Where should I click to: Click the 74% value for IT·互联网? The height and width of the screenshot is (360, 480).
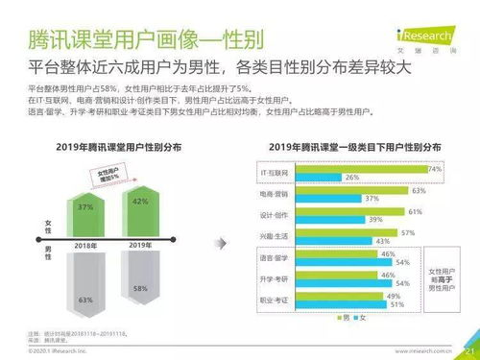[435, 168]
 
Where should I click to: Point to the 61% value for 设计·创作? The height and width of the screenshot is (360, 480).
[415, 210]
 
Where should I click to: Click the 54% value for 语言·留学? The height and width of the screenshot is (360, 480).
[402, 262]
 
